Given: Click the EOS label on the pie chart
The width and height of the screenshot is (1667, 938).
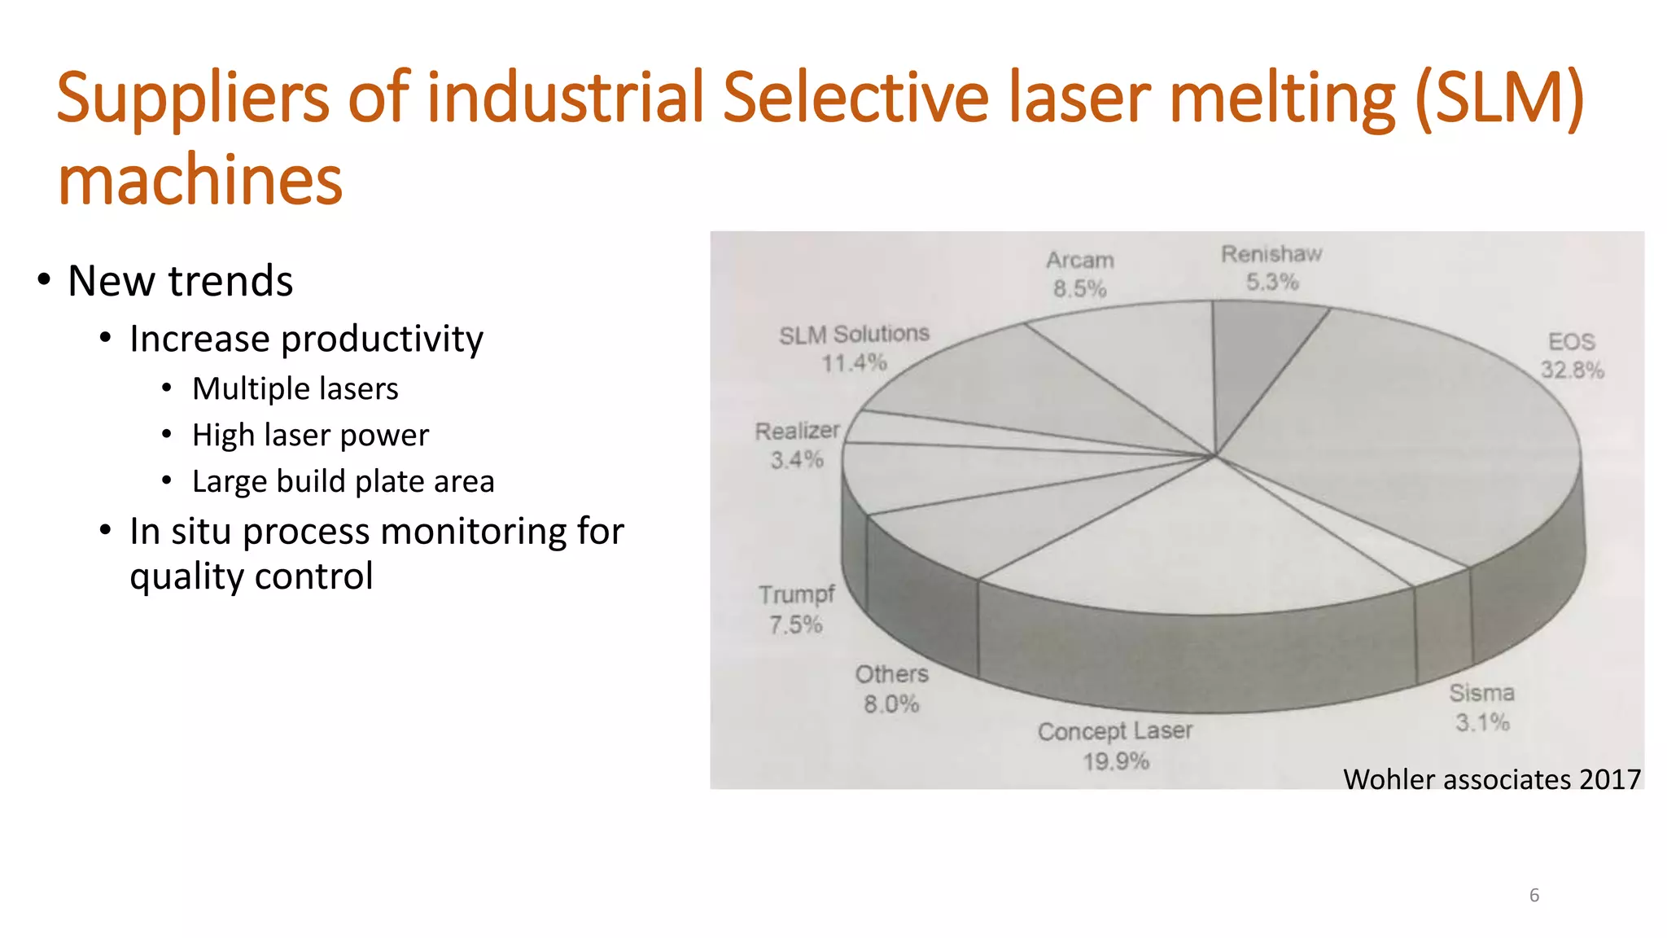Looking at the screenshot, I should pyautogui.click(x=1571, y=342).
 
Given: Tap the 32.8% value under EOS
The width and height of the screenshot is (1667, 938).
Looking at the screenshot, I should pyautogui.click(x=1572, y=370).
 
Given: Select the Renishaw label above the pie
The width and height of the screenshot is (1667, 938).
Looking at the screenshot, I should pyautogui.click(x=1271, y=255).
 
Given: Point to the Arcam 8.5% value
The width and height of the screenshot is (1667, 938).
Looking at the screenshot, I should pyautogui.click(x=1079, y=289).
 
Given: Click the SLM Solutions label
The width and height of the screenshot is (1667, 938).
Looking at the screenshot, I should pyautogui.click(x=854, y=335).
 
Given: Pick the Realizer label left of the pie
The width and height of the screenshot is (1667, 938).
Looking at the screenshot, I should pyautogui.click(x=797, y=432).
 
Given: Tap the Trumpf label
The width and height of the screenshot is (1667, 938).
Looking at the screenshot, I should pyautogui.click(x=797, y=595).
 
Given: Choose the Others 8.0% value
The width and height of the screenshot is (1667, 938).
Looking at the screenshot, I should pyautogui.click(x=891, y=704).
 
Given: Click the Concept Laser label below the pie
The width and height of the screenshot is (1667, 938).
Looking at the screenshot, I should pyautogui.click(x=1114, y=731).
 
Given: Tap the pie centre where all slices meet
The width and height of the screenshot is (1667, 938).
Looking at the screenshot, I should pyautogui.click(x=1214, y=456).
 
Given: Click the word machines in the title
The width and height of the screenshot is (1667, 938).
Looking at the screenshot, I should pyautogui.click(x=200, y=181).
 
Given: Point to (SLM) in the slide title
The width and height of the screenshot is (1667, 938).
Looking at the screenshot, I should pyautogui.click(x=1499, y=98).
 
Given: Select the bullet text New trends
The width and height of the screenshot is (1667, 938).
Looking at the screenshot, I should pyautogui.click(x=180, y=282).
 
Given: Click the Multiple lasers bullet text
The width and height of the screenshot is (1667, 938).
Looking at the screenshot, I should pyautogui.click(x=295, y=389).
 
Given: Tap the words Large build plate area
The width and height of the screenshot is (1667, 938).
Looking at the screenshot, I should pyautogui.click(x=343, y=482).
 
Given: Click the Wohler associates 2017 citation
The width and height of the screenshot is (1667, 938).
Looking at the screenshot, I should pyautogui.click(x=1491, y=780).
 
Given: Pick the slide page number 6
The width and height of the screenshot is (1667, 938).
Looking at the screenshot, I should pyautogui.click(x=1534, y=896).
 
